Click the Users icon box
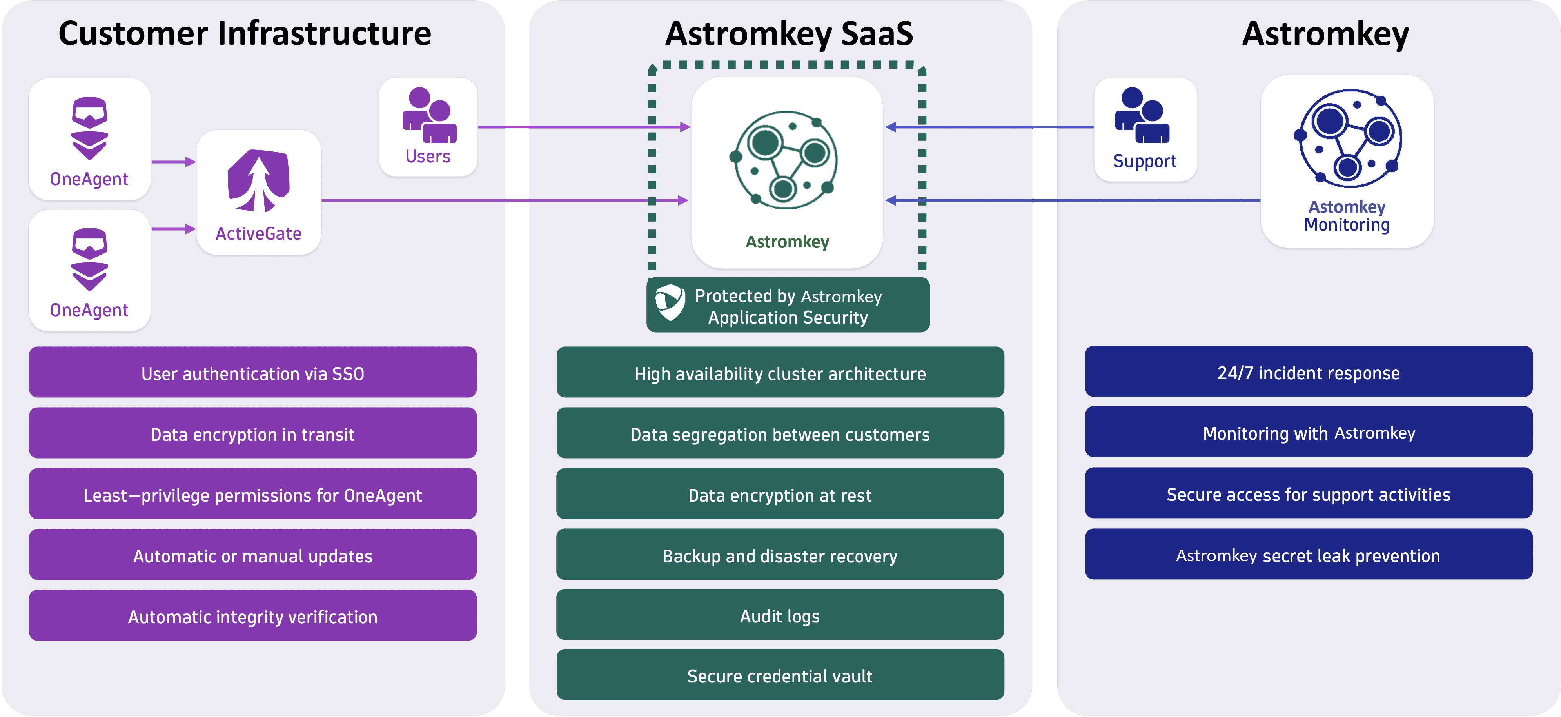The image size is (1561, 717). pos(428,127)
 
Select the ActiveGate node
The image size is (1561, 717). pos(259,192)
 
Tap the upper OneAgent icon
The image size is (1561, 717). pos(90,129)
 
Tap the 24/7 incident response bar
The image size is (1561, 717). pos(1308,372)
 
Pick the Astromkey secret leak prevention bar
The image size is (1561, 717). pos(1308,555)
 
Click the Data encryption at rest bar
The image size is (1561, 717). pos(780,495)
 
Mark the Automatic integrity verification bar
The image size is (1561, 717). pos(253,616)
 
